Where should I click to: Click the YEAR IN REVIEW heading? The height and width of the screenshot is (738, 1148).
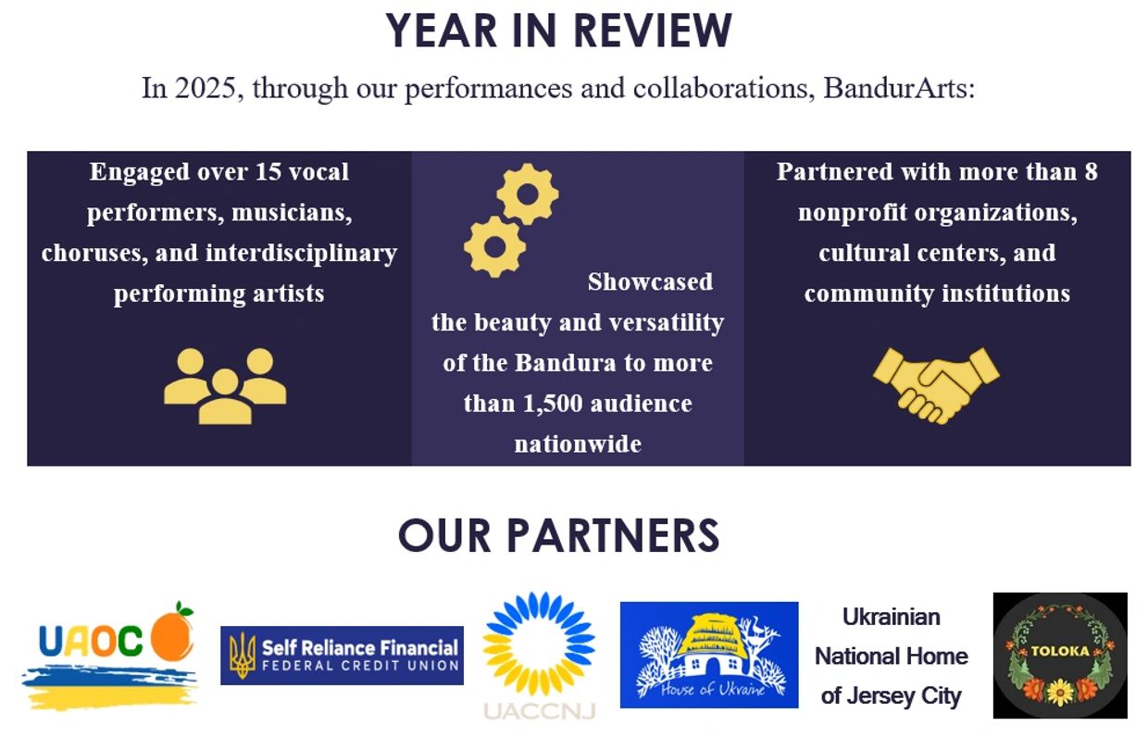559,31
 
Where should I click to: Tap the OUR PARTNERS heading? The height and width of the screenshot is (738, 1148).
558,536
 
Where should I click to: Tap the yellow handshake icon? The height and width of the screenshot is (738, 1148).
936,383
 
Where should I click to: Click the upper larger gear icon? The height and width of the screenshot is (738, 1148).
528,194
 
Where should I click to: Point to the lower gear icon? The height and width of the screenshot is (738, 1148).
494,245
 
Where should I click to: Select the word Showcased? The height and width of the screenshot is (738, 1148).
650,281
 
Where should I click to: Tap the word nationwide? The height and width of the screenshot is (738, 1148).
578,444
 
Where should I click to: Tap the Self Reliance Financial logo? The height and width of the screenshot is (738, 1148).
342,655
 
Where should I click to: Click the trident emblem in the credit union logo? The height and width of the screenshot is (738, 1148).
243,655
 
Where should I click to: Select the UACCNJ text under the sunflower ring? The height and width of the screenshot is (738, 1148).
540,709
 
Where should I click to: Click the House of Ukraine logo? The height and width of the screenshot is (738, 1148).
708,655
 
